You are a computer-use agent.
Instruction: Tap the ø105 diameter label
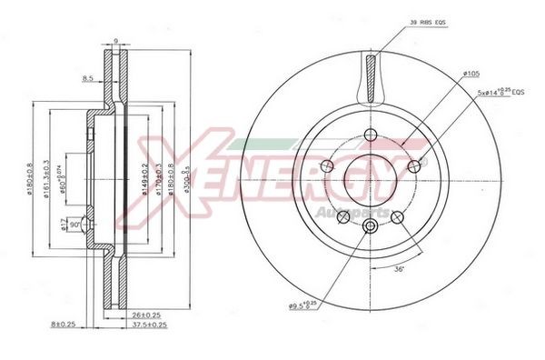471,73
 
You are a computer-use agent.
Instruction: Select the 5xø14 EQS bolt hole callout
500,93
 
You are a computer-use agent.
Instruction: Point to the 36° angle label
399,269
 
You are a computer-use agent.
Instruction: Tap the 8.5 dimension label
88,79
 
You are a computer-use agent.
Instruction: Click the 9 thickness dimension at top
115,40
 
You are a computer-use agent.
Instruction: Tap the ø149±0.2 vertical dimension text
144,180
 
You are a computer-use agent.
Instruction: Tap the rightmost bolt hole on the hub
414,165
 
